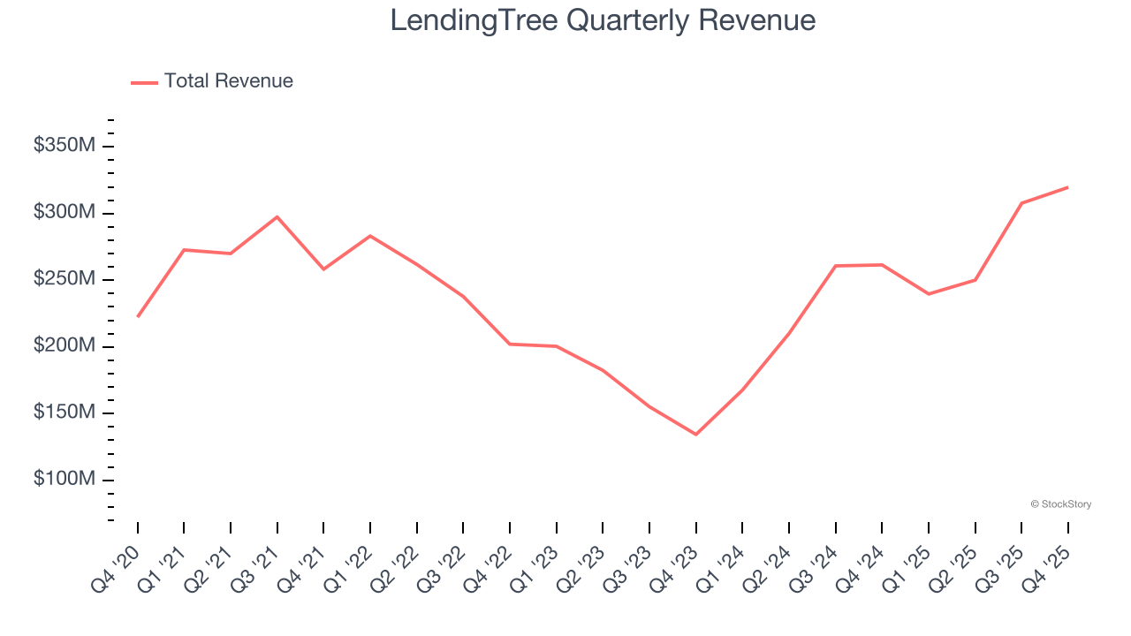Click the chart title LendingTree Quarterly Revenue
(603, 19)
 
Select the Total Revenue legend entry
(213, 81)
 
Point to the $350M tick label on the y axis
(64, 146)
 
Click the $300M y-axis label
(64, 213)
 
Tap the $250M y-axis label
(64, 279)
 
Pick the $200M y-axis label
(64, 346)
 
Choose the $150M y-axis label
(64, 413)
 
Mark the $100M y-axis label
(64, 480)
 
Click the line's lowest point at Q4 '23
(695, 434)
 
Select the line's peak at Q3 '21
(277, 216)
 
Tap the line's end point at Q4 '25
(1067, 187)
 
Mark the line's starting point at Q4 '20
(138, 316)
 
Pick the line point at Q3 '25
(1021, 203)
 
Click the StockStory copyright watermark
(1060, 504)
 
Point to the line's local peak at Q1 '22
(370, 236)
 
